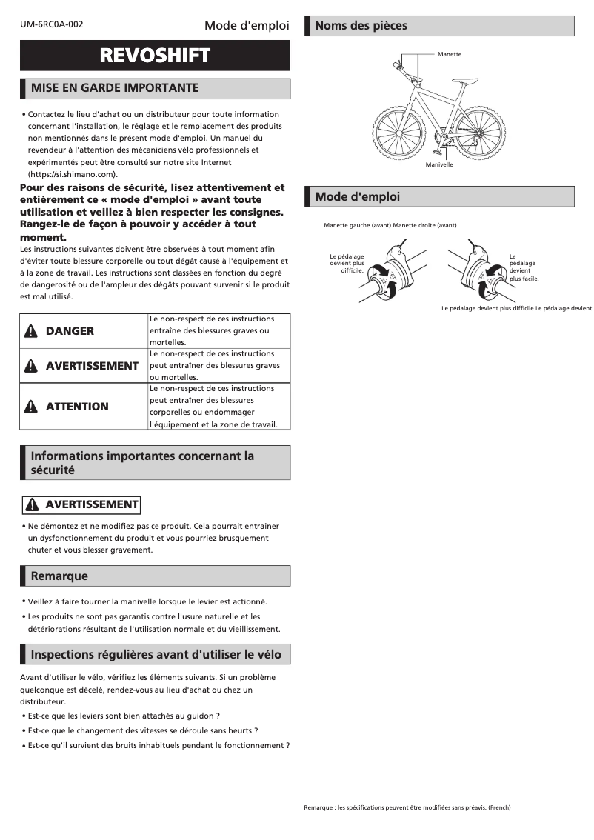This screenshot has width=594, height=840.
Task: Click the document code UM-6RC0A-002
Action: [52, 24]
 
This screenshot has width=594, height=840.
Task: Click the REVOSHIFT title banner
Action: [155, 56]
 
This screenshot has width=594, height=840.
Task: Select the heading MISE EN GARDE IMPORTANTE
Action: [114, 88]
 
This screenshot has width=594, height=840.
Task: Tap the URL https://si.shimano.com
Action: [72, 174]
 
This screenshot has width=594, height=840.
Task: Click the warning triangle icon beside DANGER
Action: [30, 331]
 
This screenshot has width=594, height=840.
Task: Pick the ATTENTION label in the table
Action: [77, 407]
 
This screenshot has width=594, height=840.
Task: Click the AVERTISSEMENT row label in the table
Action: [92, 366]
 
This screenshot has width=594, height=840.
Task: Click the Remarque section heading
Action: [59, 576]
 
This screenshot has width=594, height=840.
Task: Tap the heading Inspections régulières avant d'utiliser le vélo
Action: [156, 654]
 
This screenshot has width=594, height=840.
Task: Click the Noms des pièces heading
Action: [361, 26]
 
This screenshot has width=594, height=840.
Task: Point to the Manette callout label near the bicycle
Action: [449, 55]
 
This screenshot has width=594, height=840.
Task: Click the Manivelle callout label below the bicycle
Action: [438, 164]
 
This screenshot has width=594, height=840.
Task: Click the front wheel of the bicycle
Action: [397, 128]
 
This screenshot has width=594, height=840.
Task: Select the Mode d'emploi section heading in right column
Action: [357, 197]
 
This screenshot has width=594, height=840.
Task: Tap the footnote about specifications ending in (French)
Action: [407, 807]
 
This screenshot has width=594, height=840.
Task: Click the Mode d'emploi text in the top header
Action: [247, 26]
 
